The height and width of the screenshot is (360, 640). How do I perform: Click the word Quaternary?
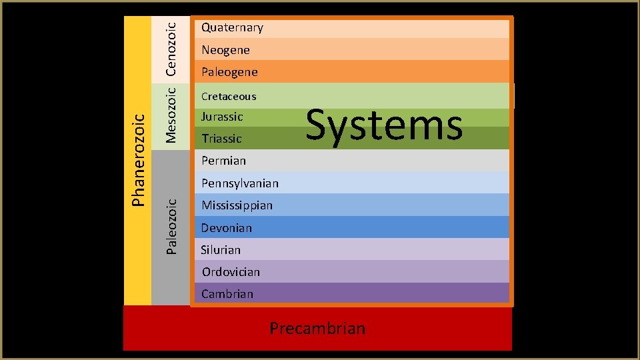(232, 27)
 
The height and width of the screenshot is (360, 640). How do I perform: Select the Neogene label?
(225, 50)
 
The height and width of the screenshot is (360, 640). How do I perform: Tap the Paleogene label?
(229, 72)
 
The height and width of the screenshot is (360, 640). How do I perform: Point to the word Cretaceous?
(229, 96)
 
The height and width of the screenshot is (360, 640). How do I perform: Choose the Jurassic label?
(222, 117)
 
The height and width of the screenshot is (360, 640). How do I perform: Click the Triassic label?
(221, 139)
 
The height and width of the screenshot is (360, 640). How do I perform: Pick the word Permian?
(223, 161)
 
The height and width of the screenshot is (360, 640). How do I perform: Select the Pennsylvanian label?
(240, 183)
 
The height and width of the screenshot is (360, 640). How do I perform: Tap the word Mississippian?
(237, 205)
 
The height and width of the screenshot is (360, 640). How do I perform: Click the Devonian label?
(227, 228)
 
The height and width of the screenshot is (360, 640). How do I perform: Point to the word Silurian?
(221, 250)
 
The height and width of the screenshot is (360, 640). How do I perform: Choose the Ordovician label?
(231, 272)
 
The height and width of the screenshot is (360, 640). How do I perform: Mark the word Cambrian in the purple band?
(227, 294)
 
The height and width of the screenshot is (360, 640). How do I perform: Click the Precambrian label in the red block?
(317, 328)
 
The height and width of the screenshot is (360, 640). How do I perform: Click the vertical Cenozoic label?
(171, 49)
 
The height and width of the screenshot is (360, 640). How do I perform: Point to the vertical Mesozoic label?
(171, 115)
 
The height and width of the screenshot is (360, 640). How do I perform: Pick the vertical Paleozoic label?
(171, 226)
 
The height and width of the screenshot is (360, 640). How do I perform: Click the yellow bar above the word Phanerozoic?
(137, 60)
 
